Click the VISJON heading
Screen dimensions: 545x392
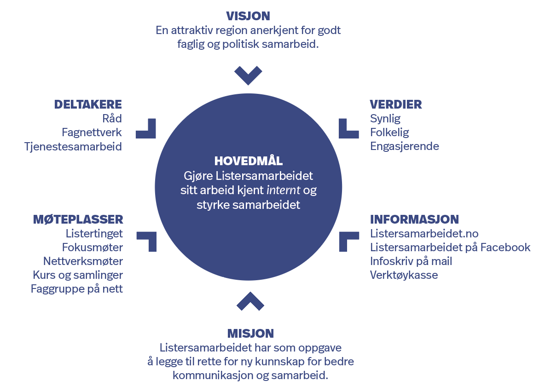pyautogui.click(x=248, y=17)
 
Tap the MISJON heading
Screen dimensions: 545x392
pyautogui.click(x=250, y=334)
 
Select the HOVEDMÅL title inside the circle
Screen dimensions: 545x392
pyautogui.click(x=249, y=161)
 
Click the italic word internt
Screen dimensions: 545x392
pyautogui.click(x=283, y=190)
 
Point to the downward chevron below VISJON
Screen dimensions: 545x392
pyautogui.click(x=248, y=75)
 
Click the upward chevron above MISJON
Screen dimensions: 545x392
pyautogui.click(x=250, y=301)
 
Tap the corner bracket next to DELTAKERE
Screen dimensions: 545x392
pyautogui.click(x=145, y=128)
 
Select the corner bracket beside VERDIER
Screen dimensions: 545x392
pyautogui.click(x=348, y=128)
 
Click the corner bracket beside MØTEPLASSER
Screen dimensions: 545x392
pyautogui.click(x=146, y=242)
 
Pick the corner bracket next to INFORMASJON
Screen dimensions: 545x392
pyautogui.click(x=349, y=242)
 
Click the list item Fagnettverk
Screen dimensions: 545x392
pyautogui.click(x=92, y=133)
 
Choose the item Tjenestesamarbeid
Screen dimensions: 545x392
pyautogui.click(x=73, y=147)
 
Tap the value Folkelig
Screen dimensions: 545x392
pyautogui.click(x=389, y=133)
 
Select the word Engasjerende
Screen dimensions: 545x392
pyautogui.click(x=405, y=146)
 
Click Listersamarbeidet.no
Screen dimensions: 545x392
pyautogui.click(x=424, y=234)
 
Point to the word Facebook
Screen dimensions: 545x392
pyautogui.click(x=505, y=248)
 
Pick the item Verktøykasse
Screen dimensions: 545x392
pyautogui.click(x=404, y=275)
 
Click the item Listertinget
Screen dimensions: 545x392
pyautogui.click(x=94, y=234)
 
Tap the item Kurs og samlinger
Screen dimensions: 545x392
pyautogui.click(x=78, y=275)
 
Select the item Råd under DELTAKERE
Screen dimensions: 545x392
pyautogui.click(x=112, y=118)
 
